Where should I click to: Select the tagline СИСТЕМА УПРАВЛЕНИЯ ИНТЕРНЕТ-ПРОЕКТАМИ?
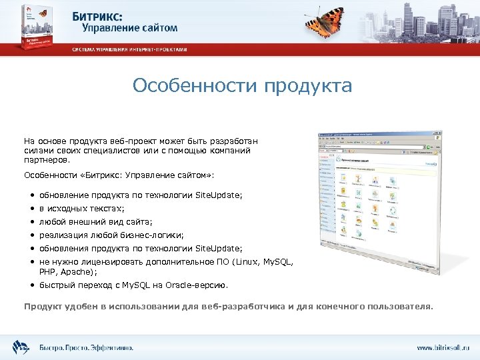(130, 50)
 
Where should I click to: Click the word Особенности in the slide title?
(195, 86)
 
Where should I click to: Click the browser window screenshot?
(381, 201)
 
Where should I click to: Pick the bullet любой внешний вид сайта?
(96, 222)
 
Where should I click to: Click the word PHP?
(47, 271)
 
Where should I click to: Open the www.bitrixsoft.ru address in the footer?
(443, 347)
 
